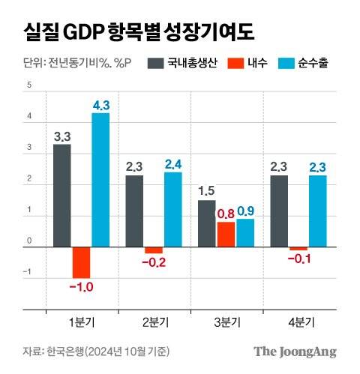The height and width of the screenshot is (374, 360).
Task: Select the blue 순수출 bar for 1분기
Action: pyautogui.click(x=101, y=180)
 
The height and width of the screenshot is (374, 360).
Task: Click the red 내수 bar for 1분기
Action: pyautogui.click(x=82, y=262)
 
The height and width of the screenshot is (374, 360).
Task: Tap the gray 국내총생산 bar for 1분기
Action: pyautogui.click(x=62, y=196)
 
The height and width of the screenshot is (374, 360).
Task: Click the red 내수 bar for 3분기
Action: pyautogui.click(x=226, y=235)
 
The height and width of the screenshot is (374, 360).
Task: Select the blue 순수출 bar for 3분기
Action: pyautogui.click(x=245, y=233)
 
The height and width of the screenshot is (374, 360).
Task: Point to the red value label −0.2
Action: pyautogui.click(x=154, y=263)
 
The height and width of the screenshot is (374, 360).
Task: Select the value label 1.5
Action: pyautogui.click(x=206, y=191)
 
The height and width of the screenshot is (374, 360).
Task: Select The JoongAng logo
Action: pyautogui.click(x=295, y=352)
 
